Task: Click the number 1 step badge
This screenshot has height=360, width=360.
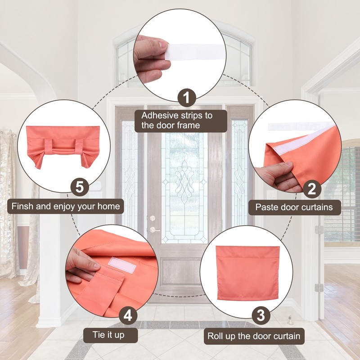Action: click(x=187, y=97)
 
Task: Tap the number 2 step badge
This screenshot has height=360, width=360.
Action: click(x=312, y=189)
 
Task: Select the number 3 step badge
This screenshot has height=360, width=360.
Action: click(x=261, y=315)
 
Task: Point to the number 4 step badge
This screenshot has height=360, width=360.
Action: click(x=128, y=315)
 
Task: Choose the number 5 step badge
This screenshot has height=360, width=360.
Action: click(x=80, y=187)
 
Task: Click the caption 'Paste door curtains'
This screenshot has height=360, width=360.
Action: click(x=294, y=207)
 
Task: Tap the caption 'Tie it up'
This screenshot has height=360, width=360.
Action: click(x=108, y=335)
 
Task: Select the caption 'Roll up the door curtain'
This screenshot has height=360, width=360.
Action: click(x=254, y=336)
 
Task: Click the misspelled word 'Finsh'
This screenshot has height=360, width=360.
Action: click(x=22, y=206)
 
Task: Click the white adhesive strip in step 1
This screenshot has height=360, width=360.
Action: click(x=196, y=52)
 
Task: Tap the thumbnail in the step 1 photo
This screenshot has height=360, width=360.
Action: click(x=163, y=44)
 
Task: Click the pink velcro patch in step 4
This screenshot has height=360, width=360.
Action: click(x=122, y=265)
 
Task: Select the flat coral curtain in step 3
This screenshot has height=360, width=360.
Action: click(x=248, y=273)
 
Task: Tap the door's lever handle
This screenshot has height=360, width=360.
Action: click(x=154, y=229)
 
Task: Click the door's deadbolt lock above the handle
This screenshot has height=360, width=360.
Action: click(x=153, y=218)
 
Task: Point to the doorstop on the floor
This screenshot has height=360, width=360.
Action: click(x=290, y=321)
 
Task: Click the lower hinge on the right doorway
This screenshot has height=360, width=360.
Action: click(x=319, y=288)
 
